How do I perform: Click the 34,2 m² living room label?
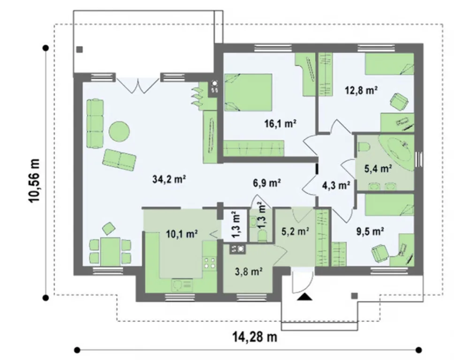[x=170, y=180]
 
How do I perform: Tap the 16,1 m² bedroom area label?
[x=280, y=123]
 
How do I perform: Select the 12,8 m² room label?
[x=361, y=90]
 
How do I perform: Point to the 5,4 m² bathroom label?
[x=378, y=169]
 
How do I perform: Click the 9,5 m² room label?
[x=371, y=231]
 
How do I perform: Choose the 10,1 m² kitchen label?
[x=182, y=234]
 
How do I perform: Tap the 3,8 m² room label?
[x=249, y=272]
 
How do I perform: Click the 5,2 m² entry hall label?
[x=295, y=231]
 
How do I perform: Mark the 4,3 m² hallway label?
[x=336, y=186]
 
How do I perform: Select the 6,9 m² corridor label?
[x=267, y=183]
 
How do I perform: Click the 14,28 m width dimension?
[x=255, y=337]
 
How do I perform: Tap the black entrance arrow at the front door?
[x=305, y=297]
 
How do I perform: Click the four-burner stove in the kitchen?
[x=209, y=262]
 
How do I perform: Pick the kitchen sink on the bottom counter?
[x=182, y=285]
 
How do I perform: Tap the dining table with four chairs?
[x=110, y=251]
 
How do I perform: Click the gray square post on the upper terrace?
[x=80, y=50]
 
